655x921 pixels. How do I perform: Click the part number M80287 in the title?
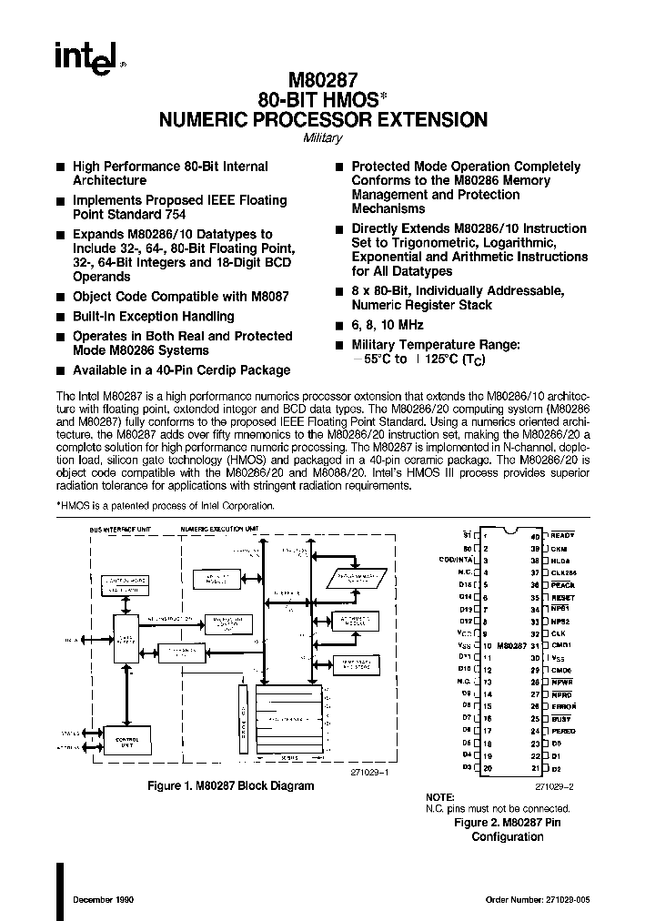[x=323, y=80]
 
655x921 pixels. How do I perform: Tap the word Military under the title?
[x=322, y=138]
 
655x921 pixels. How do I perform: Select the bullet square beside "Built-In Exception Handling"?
[x=60, y=317]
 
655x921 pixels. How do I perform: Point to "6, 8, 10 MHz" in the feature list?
[x=388, y=325]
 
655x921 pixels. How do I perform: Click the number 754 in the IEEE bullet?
[x=176, y=215]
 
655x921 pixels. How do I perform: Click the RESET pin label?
[x=563, y=596]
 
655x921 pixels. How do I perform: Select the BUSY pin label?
[x=561, y=719]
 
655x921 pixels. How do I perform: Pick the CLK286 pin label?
[x=564, y=572]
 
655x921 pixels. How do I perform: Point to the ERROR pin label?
[x=564, y=706]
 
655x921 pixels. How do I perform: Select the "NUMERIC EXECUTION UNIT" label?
[x=218, y=529]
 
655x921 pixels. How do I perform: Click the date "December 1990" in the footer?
[x=101, y=900]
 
